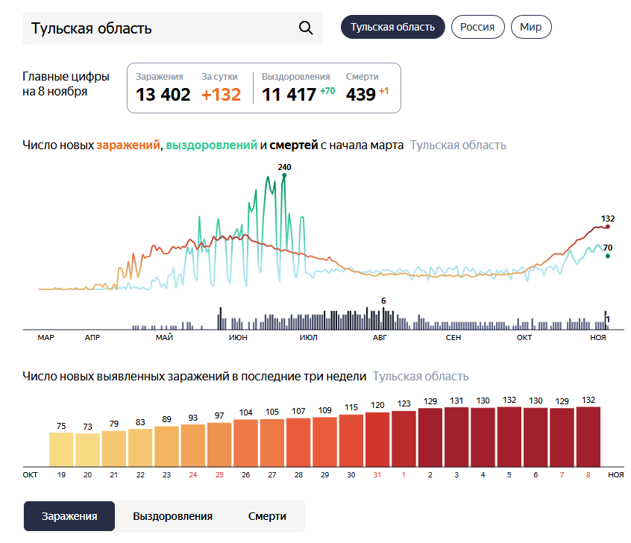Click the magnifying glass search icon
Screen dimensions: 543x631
[305, 28]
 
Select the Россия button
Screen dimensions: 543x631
[477, 27]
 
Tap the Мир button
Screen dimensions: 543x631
[531, 27]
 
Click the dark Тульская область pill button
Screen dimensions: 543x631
[392, 27]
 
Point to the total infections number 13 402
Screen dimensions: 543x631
[163, 95]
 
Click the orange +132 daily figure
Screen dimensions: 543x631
[222, 95]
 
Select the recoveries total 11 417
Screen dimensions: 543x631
[289, 95]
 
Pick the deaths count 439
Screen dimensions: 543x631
[360, 95]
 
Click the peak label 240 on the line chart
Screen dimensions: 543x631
[284, 166]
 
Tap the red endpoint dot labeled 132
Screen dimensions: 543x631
[608, 227]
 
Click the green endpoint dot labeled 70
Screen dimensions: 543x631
[608, 256]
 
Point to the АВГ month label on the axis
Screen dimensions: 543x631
[380, 338]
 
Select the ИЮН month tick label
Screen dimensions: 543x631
[239, 338]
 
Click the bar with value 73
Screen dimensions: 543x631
[87, 450]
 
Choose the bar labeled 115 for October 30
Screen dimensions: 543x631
[351, 441]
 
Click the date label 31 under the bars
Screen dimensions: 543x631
[377, 474]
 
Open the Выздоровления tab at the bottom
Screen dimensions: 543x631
[172, 516]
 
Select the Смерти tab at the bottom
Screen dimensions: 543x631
[267, 516]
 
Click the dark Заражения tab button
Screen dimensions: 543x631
[69, 516]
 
